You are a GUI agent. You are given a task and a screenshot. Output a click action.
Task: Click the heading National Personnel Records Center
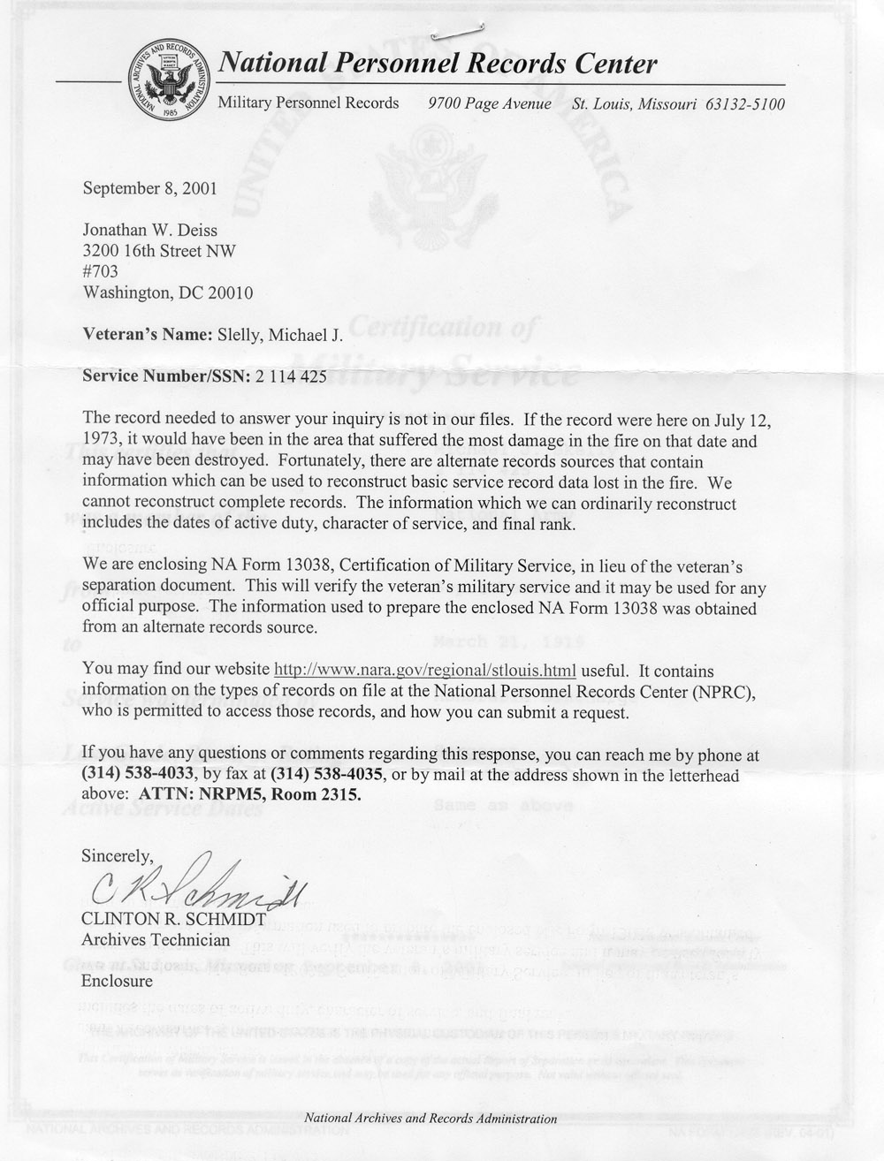coord(438,64)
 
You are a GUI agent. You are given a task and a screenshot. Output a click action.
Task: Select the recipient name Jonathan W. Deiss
coord(149,231)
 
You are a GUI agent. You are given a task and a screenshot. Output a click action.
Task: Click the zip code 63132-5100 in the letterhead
coord(745,104)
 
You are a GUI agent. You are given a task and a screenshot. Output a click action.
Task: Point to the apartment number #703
coord(99,271)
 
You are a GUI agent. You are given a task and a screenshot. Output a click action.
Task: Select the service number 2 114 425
coord(292,377)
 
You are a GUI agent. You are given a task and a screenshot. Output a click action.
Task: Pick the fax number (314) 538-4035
coord(327,775)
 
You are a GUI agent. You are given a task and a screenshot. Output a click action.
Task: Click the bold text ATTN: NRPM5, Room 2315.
coord(251,794)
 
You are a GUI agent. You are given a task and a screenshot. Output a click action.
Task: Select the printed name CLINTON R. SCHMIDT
coord(173,920)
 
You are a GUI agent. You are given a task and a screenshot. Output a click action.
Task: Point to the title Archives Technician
coord(156,940)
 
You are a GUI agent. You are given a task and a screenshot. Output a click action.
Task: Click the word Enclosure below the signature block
coord(117,981)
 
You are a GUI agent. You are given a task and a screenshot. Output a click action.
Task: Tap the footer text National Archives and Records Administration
coord(430,1118)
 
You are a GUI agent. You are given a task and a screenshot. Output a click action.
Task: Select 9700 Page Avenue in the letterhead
coord(490,104)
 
